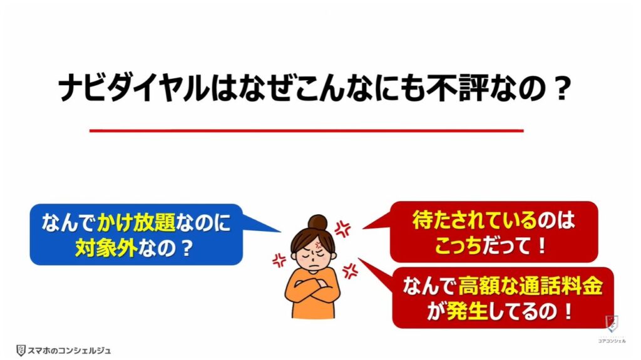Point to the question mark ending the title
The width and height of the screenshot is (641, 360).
point(561,90)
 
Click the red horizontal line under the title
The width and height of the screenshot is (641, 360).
point(306,130)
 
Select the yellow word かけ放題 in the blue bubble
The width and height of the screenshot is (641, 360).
point(129,224)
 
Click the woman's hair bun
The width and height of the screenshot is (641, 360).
point(319,220)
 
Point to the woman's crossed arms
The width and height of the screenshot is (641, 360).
point(312,292)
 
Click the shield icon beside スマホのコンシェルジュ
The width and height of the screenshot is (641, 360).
point(22,351)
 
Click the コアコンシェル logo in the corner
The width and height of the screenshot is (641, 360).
point(611,329)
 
